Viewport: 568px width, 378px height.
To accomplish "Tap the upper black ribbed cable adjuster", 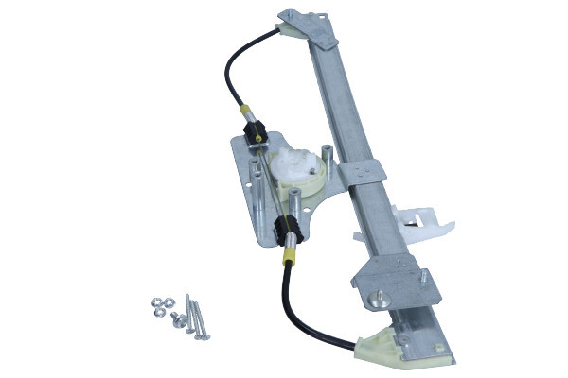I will [253, 133].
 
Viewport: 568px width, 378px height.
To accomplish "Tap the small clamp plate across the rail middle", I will [364, 174].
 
